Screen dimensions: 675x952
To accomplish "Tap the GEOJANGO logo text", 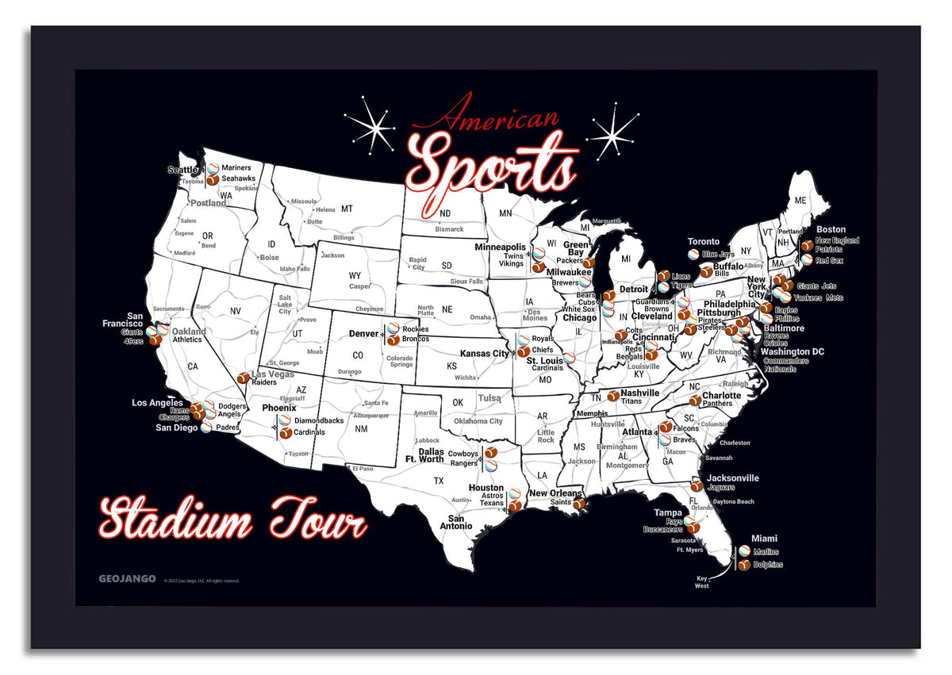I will [127, 579].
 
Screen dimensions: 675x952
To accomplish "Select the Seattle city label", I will [182, 170].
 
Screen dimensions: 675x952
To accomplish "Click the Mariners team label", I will [236, 168].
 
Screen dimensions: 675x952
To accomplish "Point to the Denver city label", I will [363, 334].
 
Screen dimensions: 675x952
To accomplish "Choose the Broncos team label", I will [415, 339].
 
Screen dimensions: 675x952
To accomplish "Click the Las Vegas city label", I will [273, 374].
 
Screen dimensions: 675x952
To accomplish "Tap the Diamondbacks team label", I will [319, 420].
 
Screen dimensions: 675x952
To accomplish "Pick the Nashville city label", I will [640, 393].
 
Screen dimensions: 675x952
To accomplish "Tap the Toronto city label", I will [704, 242].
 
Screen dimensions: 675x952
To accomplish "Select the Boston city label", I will [831, 230].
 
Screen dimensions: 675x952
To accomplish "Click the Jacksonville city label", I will [734, 478].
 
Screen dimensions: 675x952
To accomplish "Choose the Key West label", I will [702, 581].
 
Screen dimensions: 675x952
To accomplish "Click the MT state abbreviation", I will [347, 209].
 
